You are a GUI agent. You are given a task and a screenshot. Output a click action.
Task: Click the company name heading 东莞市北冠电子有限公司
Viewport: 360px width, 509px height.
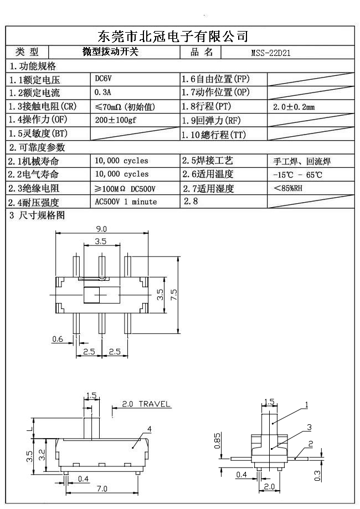coord(172,37)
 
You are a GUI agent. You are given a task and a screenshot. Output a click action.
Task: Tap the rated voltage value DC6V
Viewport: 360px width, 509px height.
coord(104,79)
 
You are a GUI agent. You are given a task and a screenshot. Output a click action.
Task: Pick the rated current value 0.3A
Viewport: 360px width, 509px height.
coord(103,92)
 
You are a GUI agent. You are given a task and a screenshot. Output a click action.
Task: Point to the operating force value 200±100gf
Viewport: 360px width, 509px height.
coord(115,120)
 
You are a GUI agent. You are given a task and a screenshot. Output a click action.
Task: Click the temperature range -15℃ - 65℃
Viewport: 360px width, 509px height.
coord(297,175)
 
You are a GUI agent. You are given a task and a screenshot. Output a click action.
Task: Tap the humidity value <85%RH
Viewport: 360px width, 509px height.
coord(288,188)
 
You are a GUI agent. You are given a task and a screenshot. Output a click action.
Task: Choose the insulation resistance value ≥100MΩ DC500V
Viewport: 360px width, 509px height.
coord(125,188)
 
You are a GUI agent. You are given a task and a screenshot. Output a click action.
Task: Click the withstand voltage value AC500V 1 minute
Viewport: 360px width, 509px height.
coord(126,202)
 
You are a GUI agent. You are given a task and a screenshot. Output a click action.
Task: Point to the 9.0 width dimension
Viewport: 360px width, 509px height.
coord(101,229)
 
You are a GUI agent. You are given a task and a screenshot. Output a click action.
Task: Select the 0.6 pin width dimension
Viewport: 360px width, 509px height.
coord(57,339)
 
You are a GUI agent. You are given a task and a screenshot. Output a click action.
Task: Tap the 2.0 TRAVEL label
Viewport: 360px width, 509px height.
coord(146,404)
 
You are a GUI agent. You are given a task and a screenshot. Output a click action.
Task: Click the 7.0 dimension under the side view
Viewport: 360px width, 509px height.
coord(102,489)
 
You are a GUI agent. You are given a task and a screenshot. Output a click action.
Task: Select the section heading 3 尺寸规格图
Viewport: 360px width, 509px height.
coord(37,215)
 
